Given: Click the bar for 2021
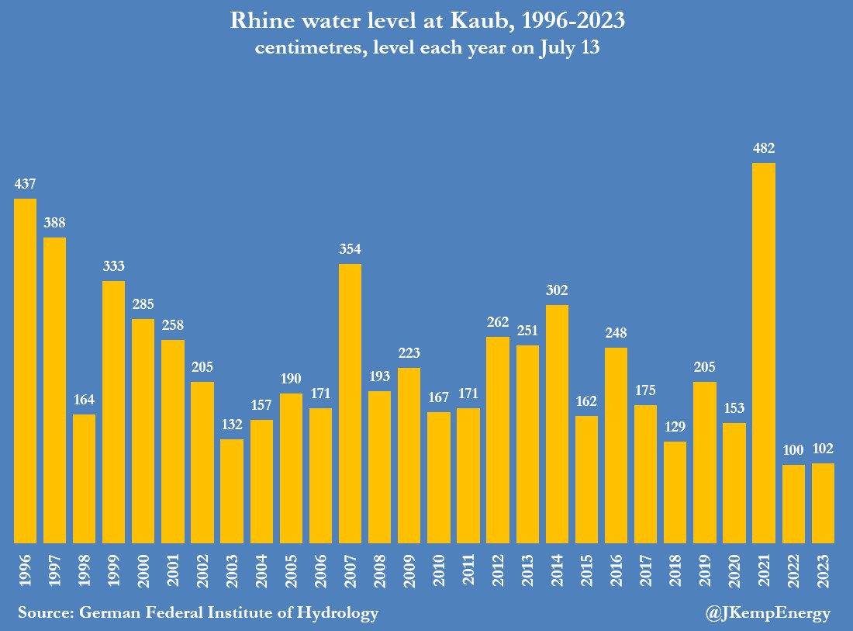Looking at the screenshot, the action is point(764,353).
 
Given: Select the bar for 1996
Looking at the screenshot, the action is point(25,371).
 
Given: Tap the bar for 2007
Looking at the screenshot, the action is point(350,404).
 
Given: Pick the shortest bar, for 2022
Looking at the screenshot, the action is point(793,504).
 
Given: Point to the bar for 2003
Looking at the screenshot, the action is point(232,491).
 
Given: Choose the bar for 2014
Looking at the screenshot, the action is point(557,424).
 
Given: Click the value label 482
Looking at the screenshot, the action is point(764,148).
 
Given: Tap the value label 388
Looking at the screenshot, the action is point(54,223).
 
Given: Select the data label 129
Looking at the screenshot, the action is point(675,427).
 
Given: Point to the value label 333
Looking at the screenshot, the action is point(114,266).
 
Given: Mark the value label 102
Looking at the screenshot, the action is point(823,449).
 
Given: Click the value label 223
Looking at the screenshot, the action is point(409,353).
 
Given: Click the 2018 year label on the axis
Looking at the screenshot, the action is point(675,570).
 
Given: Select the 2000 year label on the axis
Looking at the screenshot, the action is point(143,570).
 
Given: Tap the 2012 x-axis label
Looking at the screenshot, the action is point(498,570).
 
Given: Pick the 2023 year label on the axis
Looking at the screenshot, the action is point(823,570).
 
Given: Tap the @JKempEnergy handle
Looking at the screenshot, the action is point(768,614).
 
